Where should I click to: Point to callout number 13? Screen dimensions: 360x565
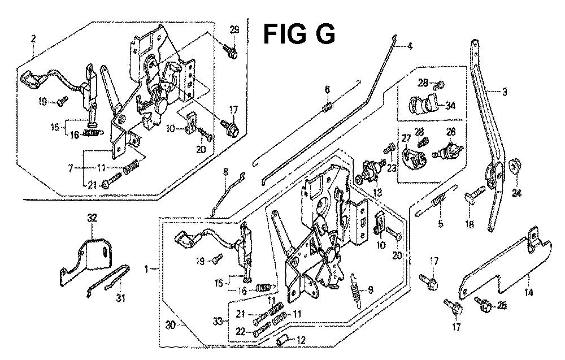(x=377, y=192)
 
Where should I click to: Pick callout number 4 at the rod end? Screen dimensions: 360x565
(x=409, y=46)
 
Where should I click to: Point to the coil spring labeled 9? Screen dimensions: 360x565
(x=354, y=286)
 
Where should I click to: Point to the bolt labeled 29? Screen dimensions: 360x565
(x=231, y=50)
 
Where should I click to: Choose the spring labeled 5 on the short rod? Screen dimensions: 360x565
(x=439, y=199)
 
